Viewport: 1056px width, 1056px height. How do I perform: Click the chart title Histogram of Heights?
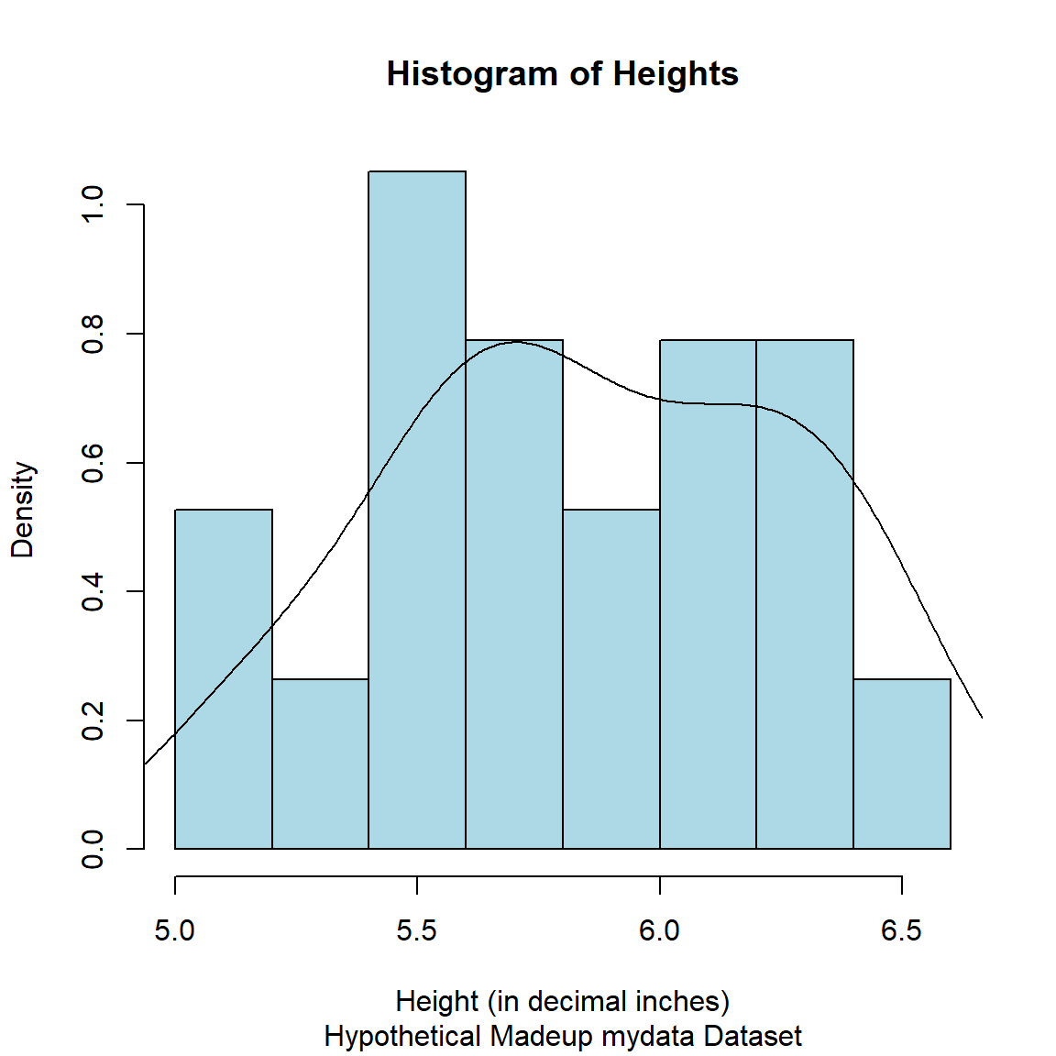[x=562, y=74]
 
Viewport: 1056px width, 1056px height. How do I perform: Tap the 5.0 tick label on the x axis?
[x=175, y=931]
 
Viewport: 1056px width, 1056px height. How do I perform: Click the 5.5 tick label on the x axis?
[x=417, y=931]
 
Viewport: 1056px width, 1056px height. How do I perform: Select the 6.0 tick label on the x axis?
[x=660, y=931]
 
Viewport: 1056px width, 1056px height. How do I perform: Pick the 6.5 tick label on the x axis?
[x=902, y=931]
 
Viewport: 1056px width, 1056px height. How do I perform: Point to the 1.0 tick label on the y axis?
[x=93, y=205]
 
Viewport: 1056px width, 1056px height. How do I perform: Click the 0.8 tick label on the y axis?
[x=93, y=334]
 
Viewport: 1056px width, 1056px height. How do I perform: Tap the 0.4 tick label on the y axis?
[x=93, y=591]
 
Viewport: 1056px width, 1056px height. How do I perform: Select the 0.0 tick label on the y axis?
[x=93, y=849]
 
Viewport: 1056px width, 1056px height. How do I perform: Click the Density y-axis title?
[x=23, y=510]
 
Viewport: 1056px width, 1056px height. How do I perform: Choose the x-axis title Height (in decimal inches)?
[x=562, y=1001]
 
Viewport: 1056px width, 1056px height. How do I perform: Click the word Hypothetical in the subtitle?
[x=402, y=1037]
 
